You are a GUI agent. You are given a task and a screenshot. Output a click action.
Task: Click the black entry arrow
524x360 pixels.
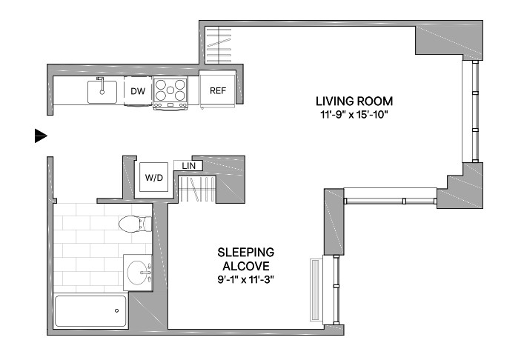click(41, 136)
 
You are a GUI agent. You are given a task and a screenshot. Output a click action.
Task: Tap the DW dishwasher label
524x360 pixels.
click(138, 91)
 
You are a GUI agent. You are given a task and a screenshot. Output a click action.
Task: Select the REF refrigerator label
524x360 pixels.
click(218, 90)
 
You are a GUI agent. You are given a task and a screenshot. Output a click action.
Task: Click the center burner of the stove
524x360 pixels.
click(170, 90)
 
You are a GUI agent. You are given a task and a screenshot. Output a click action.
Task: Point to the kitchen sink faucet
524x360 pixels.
click(101, 85)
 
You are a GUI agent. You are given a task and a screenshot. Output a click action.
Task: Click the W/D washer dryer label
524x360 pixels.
click(153, 178)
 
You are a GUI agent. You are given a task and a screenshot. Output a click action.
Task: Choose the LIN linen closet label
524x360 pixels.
click(189, 166)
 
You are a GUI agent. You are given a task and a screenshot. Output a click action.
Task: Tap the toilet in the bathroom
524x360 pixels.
click(136, 224)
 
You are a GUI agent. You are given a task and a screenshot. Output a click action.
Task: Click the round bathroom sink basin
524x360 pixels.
click(138, 273)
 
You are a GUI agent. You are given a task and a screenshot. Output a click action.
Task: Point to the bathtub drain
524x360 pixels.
click(116, 310)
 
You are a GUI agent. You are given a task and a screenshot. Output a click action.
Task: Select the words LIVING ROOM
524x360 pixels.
click(354, 101)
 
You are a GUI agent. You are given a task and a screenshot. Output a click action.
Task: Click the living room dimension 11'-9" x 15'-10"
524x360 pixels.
click(354, 115)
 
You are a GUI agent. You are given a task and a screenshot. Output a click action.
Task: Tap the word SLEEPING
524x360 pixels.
click(245, 252)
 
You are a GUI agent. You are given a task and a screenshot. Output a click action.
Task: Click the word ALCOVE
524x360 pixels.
click(246, 266)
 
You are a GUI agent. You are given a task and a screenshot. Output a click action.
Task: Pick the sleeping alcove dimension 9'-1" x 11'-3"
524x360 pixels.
click(245, 279)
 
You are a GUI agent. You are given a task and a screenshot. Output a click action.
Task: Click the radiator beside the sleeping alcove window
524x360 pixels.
click(316, 290)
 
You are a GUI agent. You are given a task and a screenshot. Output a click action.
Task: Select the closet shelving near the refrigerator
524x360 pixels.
click(219, 45)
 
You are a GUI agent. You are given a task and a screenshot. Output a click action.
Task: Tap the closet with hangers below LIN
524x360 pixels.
click(197, 189)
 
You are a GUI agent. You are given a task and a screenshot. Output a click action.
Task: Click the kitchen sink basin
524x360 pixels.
click(102, 92)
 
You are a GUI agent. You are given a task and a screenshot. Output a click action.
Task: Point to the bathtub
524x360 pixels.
click(90, 311)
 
